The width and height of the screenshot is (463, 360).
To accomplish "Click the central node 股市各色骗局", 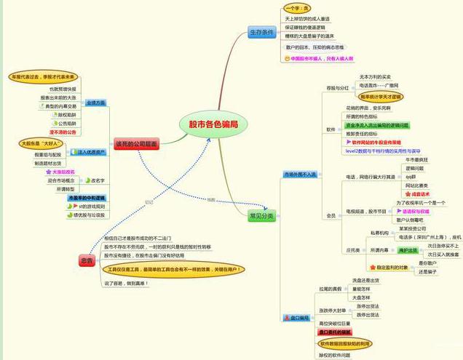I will [213, 124].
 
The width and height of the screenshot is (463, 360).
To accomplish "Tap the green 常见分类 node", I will [261, 216].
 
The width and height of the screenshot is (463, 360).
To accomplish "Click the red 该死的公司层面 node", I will [136, 144].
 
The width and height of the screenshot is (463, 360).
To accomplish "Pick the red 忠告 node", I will [88, 260].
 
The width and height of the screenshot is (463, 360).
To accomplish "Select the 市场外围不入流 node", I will [300, 175].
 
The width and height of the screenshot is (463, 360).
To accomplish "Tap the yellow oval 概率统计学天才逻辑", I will [381, 95].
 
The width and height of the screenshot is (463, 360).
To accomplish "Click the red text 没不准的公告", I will [63, 132].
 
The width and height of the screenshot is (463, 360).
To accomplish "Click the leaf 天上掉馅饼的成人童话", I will [308, 18].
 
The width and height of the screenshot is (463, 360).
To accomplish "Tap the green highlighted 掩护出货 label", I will [408, 249].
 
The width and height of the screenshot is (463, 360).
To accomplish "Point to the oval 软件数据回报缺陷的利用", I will [344, 343].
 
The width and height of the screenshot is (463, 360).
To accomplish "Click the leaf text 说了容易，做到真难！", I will [127, 283].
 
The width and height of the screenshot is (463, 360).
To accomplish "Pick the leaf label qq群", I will [411, 177].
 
